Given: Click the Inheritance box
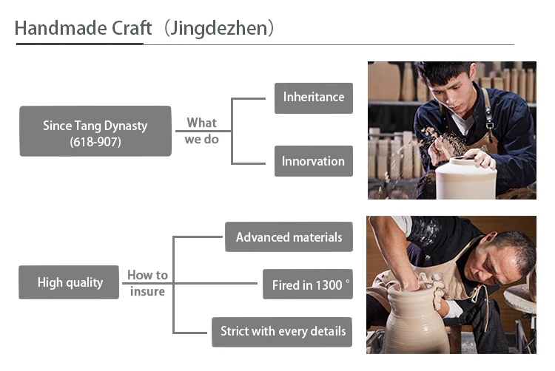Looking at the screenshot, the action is click(x=313, y=98).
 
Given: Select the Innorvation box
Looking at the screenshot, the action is click(x=313, y=161).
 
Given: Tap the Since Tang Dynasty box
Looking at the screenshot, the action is click(x=95, y=132).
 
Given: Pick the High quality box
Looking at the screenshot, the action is click(x=69, y=282).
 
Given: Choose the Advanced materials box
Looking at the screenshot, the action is click(x=289, y=237).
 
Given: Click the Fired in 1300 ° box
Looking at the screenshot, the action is click(x=307, y=285).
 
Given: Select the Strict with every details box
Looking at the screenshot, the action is click(x=282, y=332).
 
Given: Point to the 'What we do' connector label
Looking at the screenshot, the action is click(x=201, y=131).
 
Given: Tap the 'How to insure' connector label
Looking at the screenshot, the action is click(x=147, y=282).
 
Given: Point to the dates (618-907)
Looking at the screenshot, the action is click(x=95, y=142).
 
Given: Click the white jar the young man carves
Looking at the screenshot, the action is click(x=465, y=180).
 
